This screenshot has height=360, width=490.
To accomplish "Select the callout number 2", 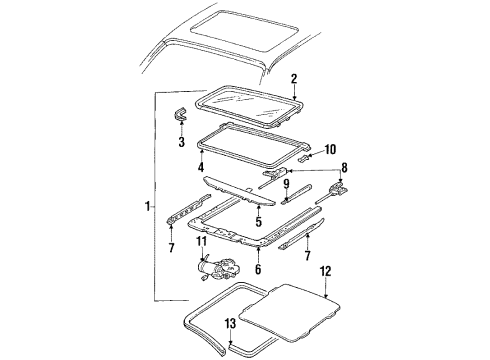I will [x=293, y=78].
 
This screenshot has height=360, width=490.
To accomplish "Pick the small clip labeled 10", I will [x=305, y=156].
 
